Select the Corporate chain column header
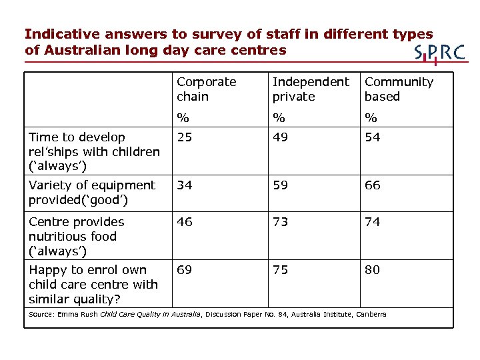[x=207, y=89]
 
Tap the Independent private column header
[x=311, y=89]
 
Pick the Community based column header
[x=399, y=89]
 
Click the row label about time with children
[x=94, y=151]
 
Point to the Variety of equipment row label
[x=92, y=192]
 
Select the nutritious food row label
[x=77, y=236]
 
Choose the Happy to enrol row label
[x=93, y=284]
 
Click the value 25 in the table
[x=184, y=137]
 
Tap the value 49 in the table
[x=281, y=137]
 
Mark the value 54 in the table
[x=373, y=137]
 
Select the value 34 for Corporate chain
[x=184, y=185]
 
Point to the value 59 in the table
[x=281, y=185]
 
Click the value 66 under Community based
[x=373, y=185]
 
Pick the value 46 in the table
[x=184, y=222]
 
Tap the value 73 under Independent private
[x=281, y=222]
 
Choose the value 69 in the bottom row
[x=184, y=270]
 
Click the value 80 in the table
[x=373, y=270]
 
